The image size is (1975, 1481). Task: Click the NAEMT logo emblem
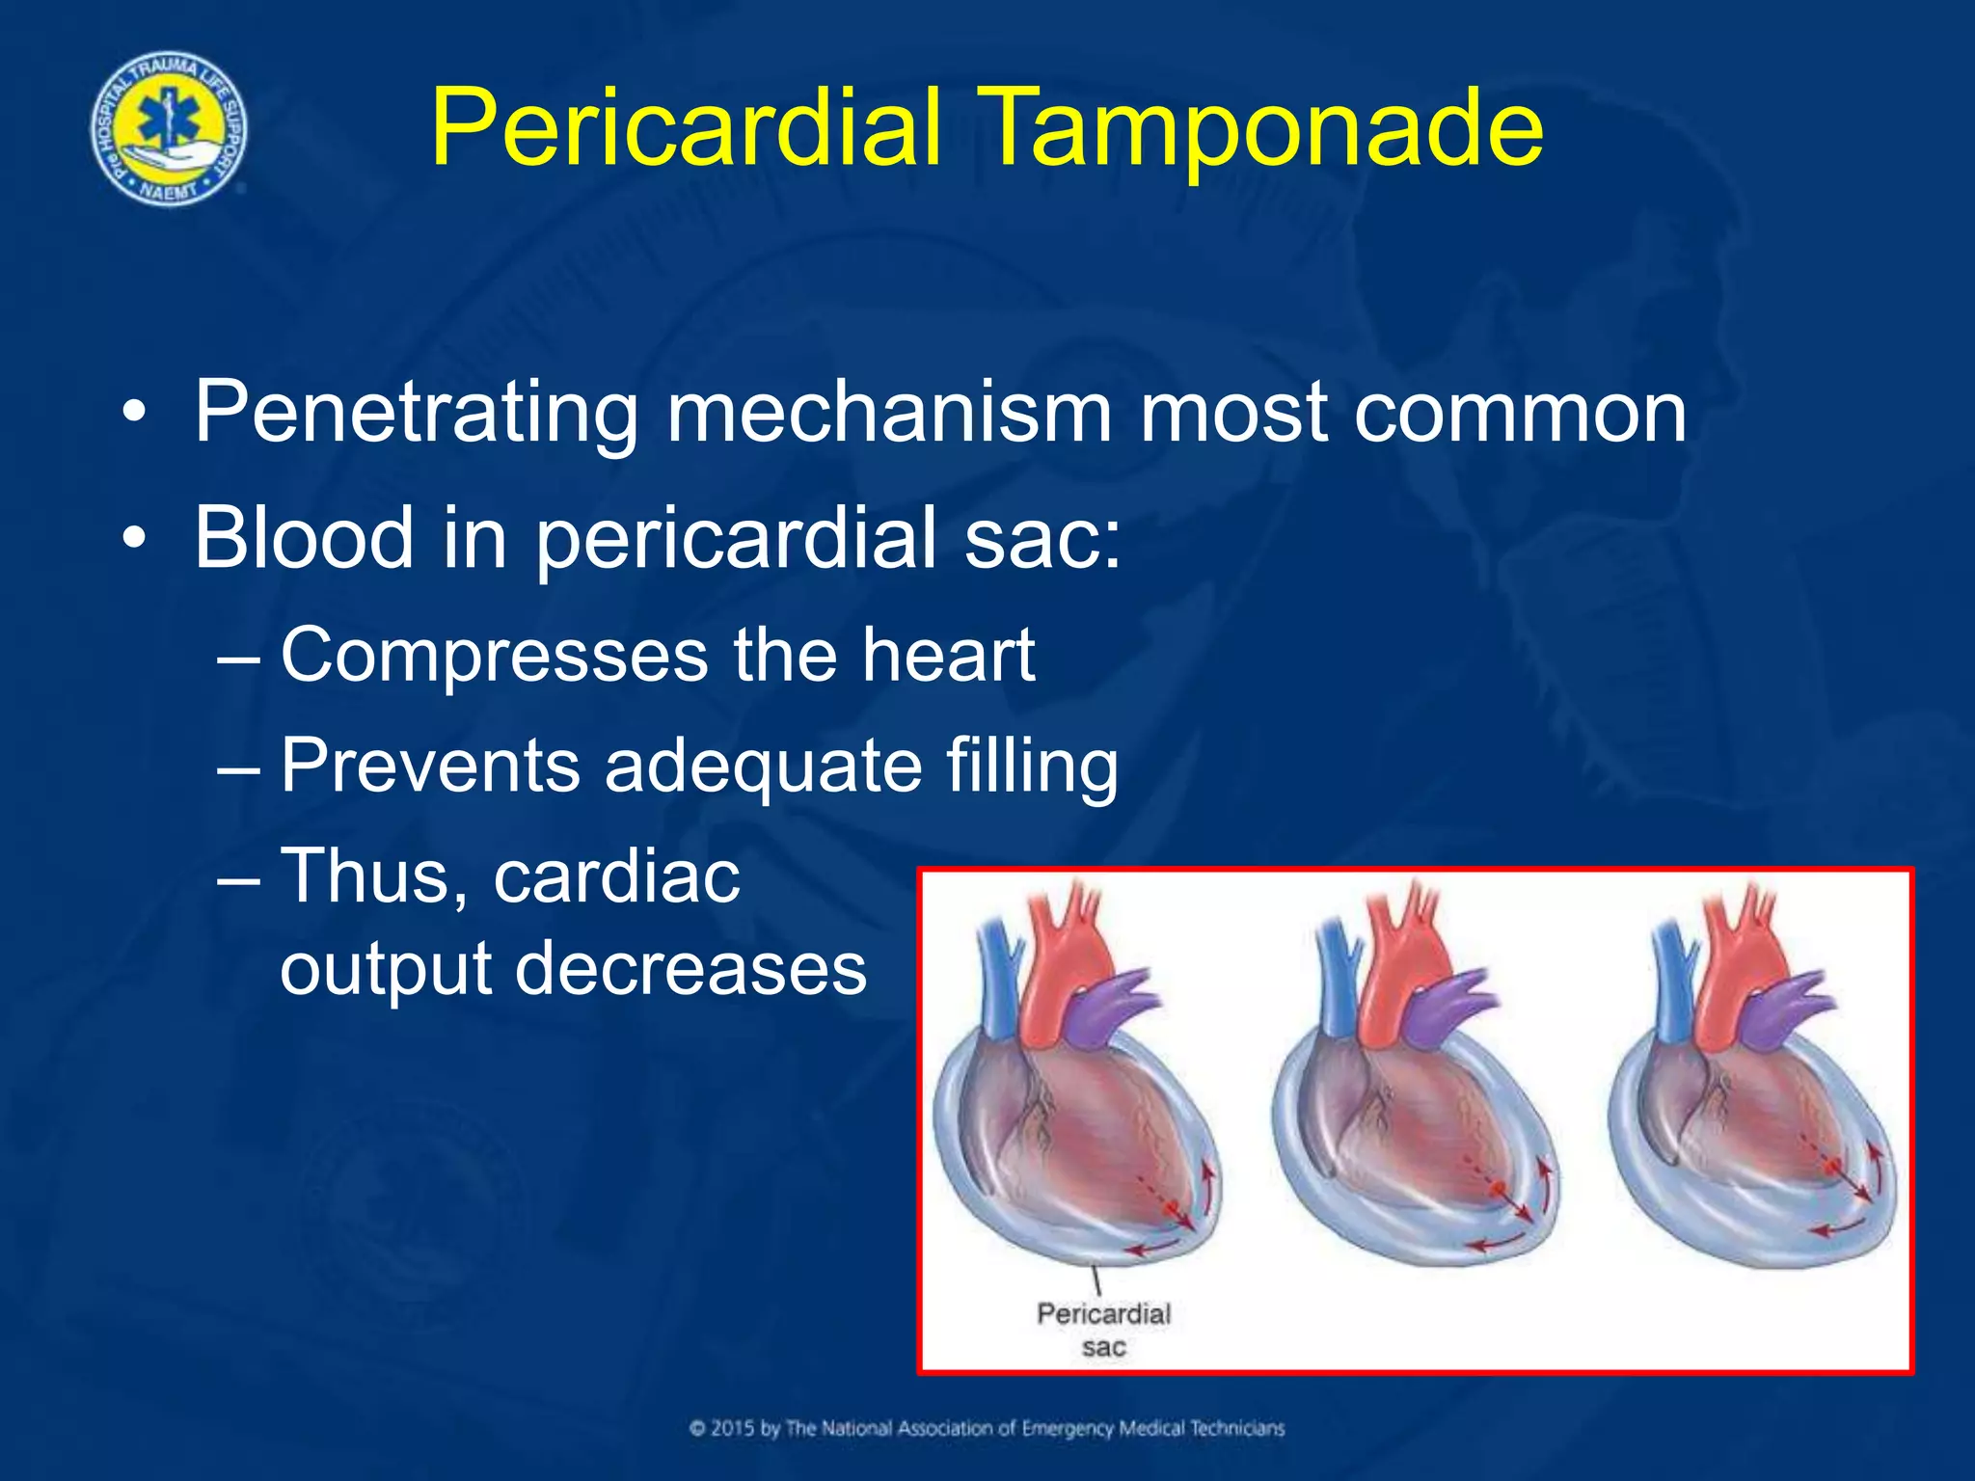(169, 128)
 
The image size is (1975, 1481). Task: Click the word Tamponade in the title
(1263, 128)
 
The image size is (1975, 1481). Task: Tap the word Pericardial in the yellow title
(686, 128)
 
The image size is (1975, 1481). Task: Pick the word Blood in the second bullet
(304, 538)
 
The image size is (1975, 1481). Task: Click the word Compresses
(494, 656)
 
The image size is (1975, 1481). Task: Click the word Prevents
(430, 767)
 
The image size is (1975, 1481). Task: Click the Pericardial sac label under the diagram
(1103, 1329)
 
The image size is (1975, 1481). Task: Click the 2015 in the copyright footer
(733, 1428)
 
